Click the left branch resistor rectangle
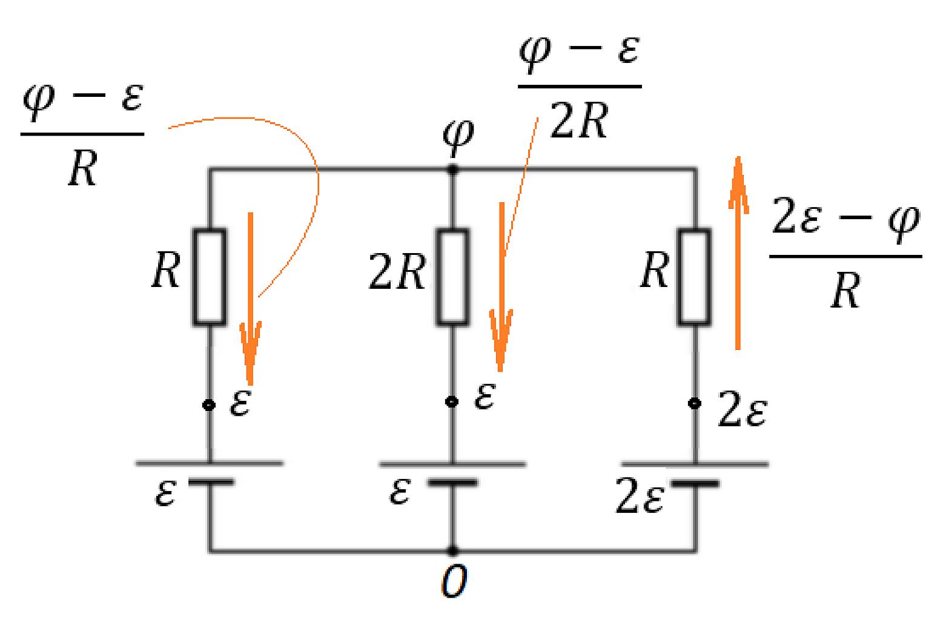[210, 277]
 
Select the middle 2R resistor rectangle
[452, 277]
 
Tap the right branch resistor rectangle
[695, 277]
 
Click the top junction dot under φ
[453, 170]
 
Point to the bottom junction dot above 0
[453, 551]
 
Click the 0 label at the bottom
[454, 581]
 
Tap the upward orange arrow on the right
[738, 252]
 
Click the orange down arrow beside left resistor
[251, 298]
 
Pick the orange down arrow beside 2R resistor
[501, 287]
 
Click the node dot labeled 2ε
[695, 403]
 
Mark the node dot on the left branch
[209, 406]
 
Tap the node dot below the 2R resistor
[452, 401]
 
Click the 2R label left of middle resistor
[397, 272]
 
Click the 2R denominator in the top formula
[579, 120]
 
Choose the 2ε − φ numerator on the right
[846, 220]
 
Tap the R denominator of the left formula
[83, 168]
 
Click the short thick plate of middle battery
[452, 483]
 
